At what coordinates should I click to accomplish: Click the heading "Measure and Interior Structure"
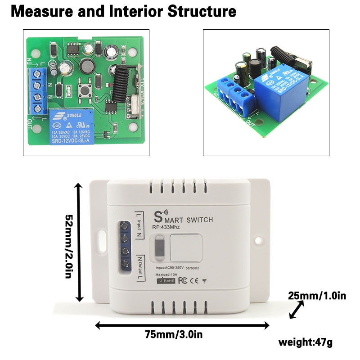[123, 12]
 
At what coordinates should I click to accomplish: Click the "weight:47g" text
[306, 342]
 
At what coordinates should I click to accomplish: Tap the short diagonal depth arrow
[297, 310]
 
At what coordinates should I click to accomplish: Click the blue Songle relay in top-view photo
[72, 126]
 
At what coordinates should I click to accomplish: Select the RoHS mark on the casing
[166, 281]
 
